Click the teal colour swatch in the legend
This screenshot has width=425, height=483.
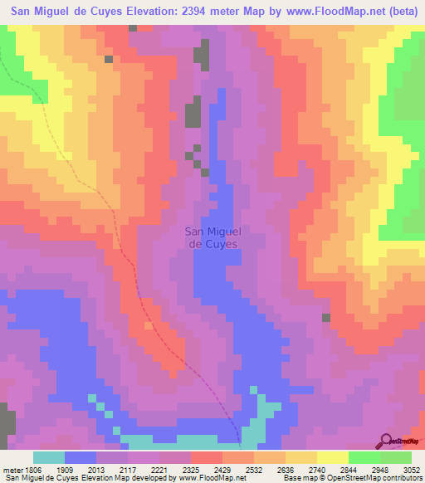(x=49, y=457)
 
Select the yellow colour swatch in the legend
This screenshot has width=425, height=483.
(x=332, y=457)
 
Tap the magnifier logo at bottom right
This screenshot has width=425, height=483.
(x=386, y=442)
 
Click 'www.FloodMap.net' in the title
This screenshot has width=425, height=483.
(x=312, y=12)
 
